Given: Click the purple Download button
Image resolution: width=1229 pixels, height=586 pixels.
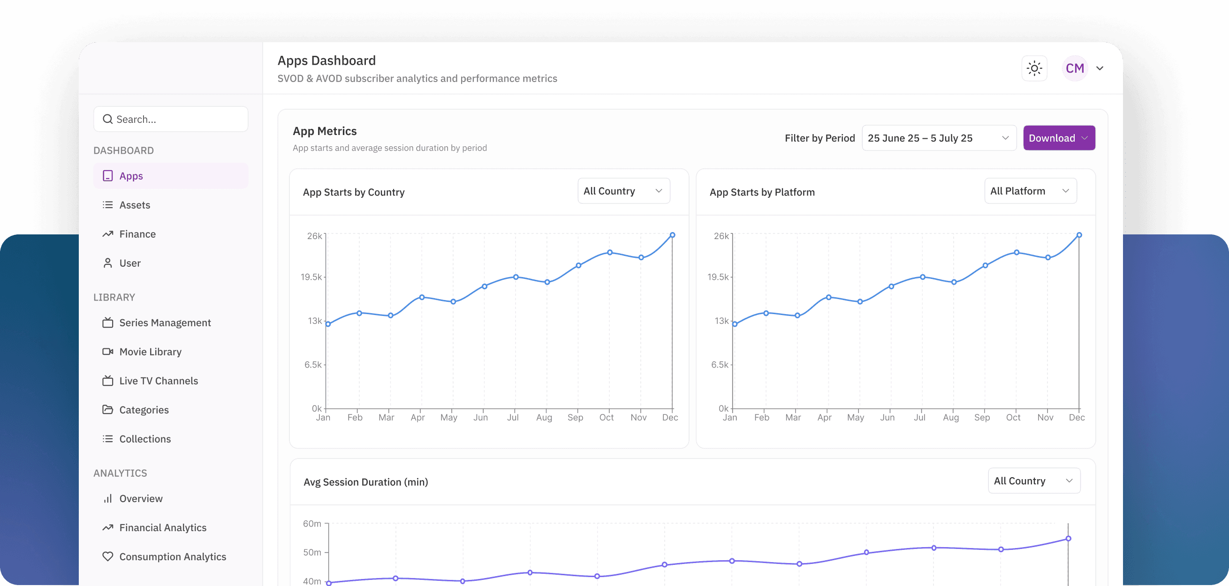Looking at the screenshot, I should coord(1058,138).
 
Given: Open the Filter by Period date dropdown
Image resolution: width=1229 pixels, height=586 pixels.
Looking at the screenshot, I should coord(938,138).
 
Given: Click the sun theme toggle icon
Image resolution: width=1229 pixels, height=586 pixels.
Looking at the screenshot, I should coord(1034,68).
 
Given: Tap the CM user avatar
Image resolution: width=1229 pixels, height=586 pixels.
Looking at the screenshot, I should coord(1074,68).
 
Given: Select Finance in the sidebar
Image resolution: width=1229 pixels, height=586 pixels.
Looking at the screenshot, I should coord(137,234).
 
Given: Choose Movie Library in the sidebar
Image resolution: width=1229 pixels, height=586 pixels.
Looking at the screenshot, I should coord(150,352).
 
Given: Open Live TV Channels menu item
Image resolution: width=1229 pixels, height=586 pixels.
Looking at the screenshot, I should coord(159,381).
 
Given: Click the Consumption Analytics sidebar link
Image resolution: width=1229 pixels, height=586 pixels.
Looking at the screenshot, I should coord(172,556).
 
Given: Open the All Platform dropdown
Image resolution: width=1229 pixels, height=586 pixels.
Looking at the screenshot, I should coord(1030,191).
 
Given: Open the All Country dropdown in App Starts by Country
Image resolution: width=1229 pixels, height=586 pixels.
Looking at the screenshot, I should coord(623,191).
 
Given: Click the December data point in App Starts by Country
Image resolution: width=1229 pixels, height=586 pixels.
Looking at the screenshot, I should coord(672,235).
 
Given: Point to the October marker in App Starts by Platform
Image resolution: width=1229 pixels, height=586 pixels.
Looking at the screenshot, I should coord(1017,252).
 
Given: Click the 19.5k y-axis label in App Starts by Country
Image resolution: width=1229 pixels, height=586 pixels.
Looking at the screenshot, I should coord(311,277).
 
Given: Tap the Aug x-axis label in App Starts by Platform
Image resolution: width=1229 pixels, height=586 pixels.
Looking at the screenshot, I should coord(950,417).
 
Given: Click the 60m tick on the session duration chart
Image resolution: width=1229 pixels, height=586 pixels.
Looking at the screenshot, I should coord(312,524).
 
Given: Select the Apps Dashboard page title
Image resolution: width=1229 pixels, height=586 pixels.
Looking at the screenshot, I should coord(326,60).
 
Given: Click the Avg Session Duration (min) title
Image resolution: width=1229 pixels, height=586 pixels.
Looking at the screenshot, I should coord(365,482).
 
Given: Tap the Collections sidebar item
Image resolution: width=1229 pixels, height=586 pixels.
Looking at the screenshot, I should coord(144,439).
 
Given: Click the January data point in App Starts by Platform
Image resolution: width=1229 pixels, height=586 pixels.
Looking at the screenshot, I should coord(735,324).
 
